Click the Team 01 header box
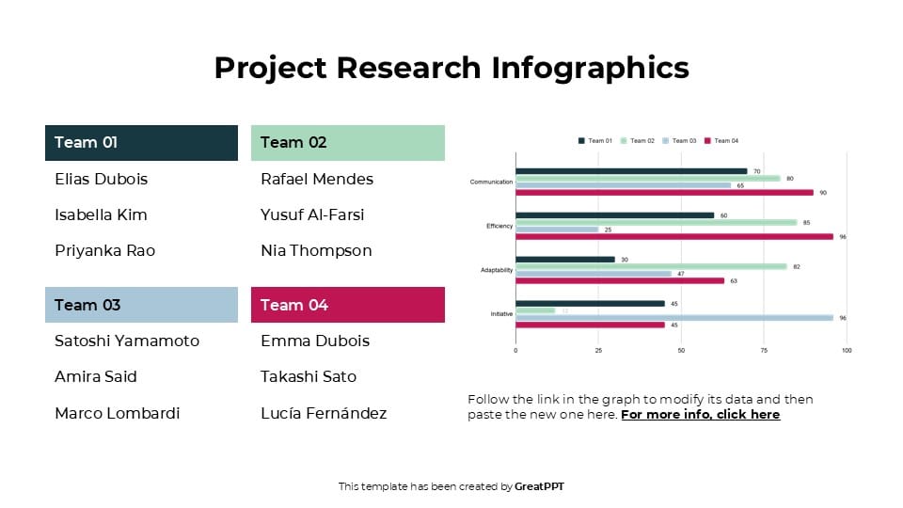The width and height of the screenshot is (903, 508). pos(141,143)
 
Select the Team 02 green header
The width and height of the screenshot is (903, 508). pos(347,143)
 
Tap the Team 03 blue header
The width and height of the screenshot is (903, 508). pos(141,305)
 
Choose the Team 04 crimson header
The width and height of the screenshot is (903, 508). pos(347,305)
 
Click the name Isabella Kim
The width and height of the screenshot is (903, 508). pos(101,214)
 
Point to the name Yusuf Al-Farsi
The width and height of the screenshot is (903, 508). pos(312,214)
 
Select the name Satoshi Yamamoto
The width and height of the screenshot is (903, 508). pos(127,341)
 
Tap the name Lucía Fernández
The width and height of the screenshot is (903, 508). pos(324,413)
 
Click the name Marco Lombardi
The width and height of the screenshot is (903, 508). pos(117,413)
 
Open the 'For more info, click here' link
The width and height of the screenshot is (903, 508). pos(700,414)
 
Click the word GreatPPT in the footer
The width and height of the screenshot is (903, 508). pos(539,486)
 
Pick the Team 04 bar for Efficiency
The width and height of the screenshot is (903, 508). pos(674,236)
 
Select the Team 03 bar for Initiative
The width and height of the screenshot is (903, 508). pos(674,318)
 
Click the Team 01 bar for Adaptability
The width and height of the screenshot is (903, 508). pos(564,259)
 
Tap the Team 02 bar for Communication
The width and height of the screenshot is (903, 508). pos(648,178)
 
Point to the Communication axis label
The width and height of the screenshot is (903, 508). pos(491,182)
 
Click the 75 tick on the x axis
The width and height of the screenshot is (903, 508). pos(764,351)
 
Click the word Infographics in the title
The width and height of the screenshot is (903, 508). pos(590,68)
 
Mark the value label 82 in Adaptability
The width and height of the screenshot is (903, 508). pos(796,266)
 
